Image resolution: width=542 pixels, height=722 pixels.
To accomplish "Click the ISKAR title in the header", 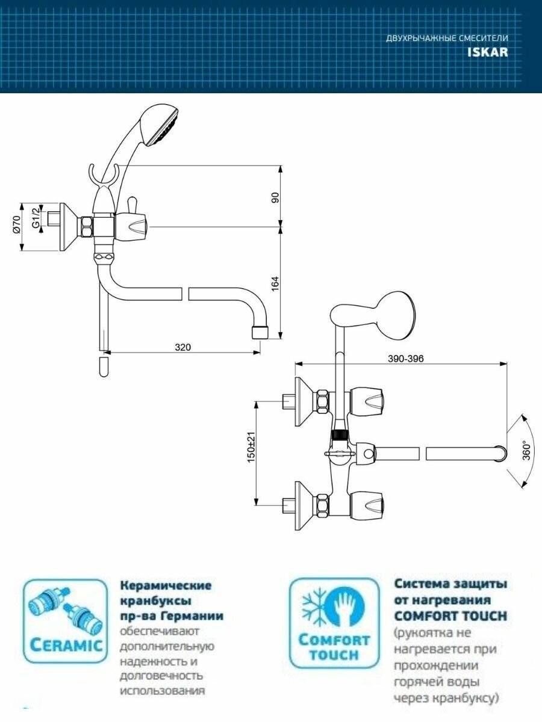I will pyautogui.click(x=487, y=52).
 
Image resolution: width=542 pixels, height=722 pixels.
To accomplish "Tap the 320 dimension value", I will pyautogui.click(x=182, y=347).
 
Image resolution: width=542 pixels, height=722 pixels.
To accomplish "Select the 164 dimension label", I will pyautogui.click(x=275, y=284).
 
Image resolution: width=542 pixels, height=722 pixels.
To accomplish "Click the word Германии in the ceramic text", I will pyautogui.click(x=194, y=616).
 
